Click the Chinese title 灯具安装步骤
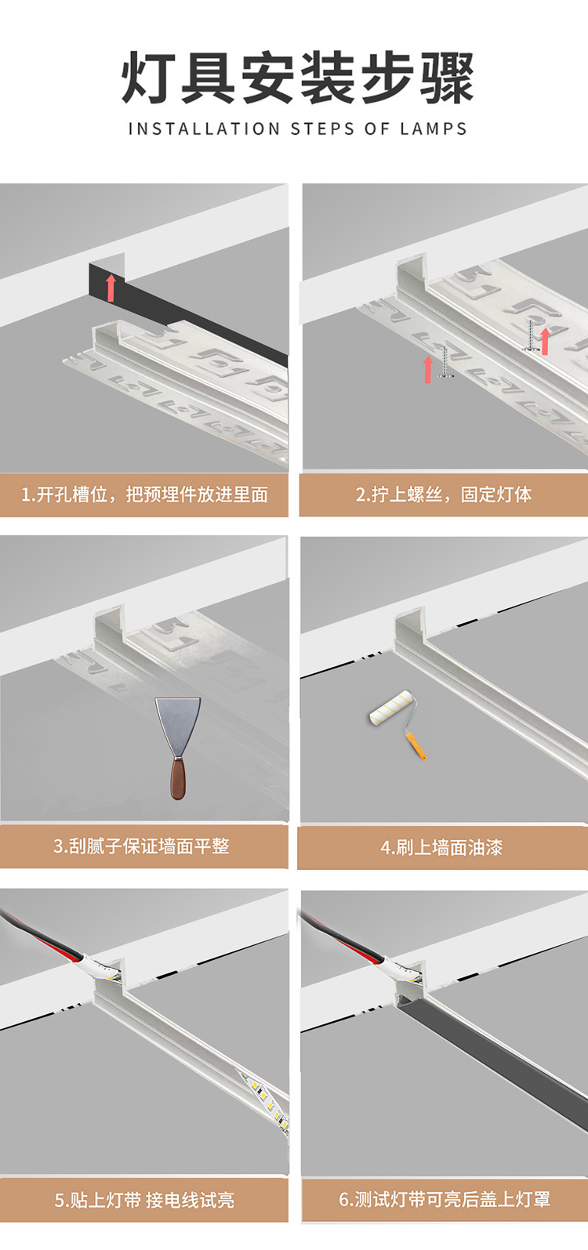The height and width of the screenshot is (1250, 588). click(298, 78)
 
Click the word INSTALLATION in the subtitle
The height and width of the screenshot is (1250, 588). click(204, 129)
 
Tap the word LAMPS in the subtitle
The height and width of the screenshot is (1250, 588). click(434, 129)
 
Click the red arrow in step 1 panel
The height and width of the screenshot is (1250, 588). click(111, 288)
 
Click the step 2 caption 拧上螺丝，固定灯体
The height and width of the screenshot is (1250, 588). click(444, 495)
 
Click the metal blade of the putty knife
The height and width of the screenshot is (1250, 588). click(177, 726)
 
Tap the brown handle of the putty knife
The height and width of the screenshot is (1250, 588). click(178, 778)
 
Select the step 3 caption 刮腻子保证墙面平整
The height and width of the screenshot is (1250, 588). click(141, 846)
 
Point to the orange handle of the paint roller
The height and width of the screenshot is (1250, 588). click(416, 746)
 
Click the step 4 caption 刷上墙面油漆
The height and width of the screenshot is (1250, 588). click(441, 847)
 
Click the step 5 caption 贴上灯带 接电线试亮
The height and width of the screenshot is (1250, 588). click(144, 1200)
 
